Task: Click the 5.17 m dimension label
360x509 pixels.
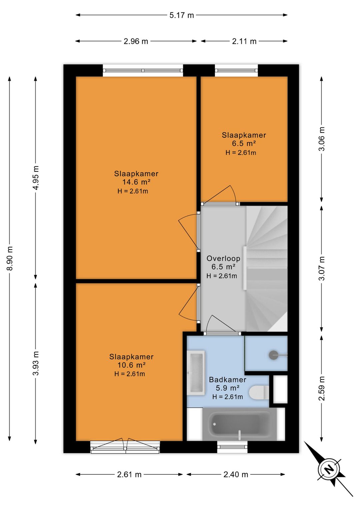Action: (182, 15)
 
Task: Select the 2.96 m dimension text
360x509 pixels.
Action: (136, 41)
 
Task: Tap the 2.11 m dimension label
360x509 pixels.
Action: (244, 41)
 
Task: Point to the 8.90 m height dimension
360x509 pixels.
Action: (10, 258)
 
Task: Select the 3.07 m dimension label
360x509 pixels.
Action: (322, 269)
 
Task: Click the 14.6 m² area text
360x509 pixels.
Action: (137, 182)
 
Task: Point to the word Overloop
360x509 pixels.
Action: (223, 259)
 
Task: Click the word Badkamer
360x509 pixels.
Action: (228, 380)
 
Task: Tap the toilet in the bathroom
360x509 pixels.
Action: (259, 393)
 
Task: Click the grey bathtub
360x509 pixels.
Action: (239, 424)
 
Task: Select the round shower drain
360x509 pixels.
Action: (273, 355)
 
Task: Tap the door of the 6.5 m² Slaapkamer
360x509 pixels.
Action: (220, 195)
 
